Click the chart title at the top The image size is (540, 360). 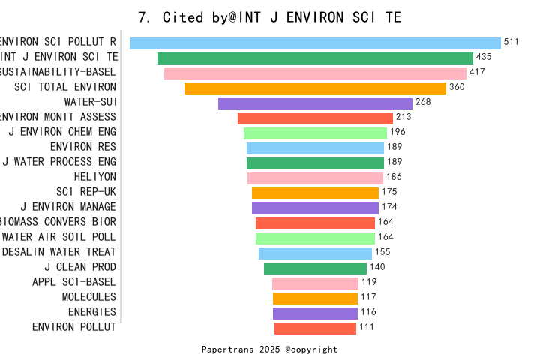(x=270, y=16)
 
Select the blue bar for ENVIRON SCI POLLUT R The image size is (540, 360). (x=315, y=43)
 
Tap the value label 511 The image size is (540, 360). (x=511, y=43)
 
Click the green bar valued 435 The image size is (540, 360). (x=315, y=58)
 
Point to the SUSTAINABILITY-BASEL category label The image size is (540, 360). (x=58, y=72)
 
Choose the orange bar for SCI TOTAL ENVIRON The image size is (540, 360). (x=315, y=88)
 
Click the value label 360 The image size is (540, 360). (x=457, y=88)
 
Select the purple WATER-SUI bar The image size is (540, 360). (x=315, y=103)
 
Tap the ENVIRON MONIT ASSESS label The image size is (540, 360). (x=58, y=117)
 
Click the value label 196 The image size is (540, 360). (x=397, y=133)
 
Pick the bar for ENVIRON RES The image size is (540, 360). (x=315, y=148)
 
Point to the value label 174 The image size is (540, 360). (x=389, y=207)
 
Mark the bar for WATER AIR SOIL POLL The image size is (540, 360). (x=315, y=238)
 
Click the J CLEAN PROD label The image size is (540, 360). (x=80, y=267)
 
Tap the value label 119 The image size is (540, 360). (x=369, y=282)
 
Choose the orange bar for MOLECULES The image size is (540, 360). (x=315, y=298)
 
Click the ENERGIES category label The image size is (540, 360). (x=91, y=312)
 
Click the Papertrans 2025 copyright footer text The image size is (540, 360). (x=269, y=349)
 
